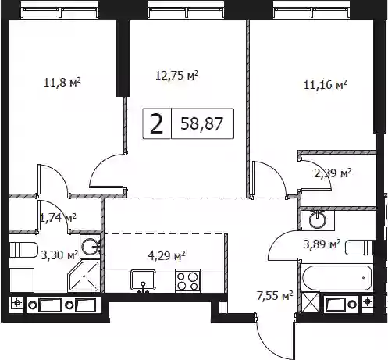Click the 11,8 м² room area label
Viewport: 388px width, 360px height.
click(62, 83)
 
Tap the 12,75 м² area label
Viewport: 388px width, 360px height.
click(177, 76)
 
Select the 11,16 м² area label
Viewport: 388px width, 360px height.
click(326, 85)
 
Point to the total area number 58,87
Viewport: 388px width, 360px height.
click(202, 123)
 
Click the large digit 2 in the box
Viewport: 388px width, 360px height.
click(157, 124)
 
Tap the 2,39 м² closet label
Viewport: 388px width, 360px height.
click(333, 173)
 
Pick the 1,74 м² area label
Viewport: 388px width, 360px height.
click(59, 217)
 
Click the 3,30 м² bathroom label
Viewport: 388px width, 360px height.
click(60, 255)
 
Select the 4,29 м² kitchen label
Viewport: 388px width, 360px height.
click(166, 255)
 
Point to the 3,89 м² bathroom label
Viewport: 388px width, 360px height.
click(322, 244)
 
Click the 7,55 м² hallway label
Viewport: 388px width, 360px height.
click(275, 296)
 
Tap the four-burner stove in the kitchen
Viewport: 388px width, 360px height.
click(188, 281)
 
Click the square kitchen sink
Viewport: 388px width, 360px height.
click(143, 280)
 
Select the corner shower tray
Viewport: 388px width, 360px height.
click(84, 276)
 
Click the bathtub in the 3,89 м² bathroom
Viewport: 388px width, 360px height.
click(336, 278)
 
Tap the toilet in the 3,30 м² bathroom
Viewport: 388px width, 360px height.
click(24, 250)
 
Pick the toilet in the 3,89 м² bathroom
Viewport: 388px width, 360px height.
click(359, 248)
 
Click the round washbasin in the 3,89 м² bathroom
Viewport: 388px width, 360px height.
click(318, 220)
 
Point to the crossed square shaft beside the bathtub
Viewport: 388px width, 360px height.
click(311, 302)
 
